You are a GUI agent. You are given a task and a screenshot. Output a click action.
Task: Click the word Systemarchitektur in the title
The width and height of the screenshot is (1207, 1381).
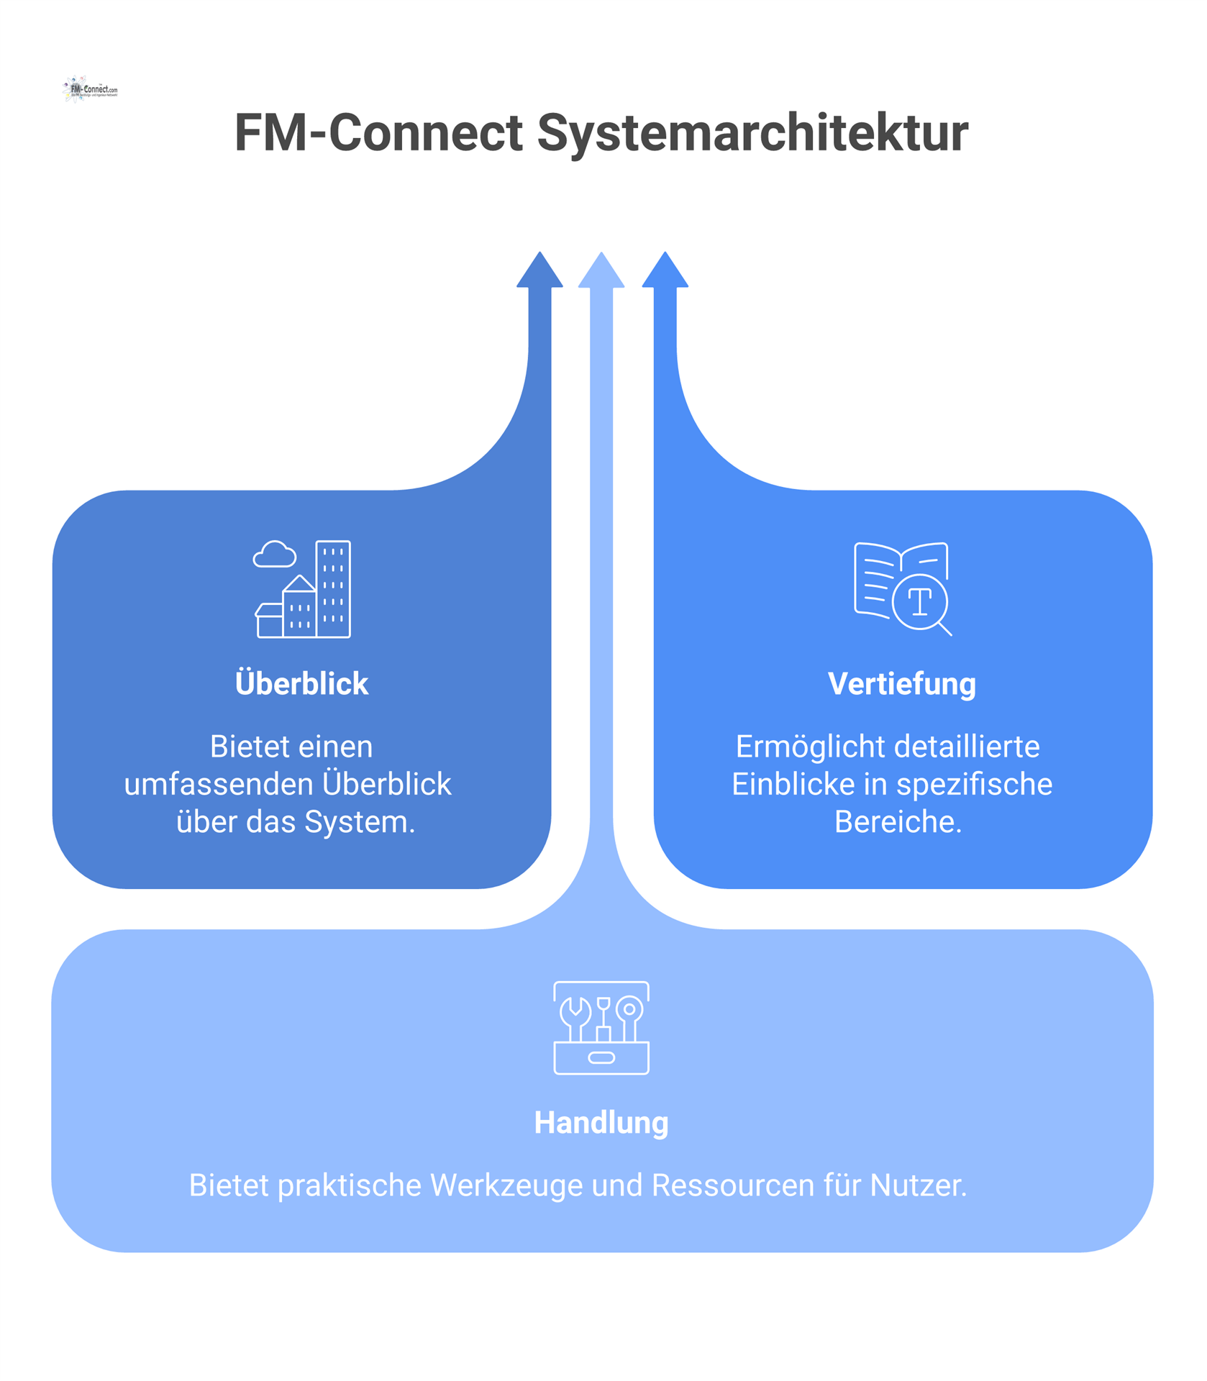pos(752,133)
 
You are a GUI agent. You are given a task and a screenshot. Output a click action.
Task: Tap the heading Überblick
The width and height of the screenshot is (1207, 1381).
pos(301,683)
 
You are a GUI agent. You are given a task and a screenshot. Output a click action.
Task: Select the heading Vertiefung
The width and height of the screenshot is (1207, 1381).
pos(901,683)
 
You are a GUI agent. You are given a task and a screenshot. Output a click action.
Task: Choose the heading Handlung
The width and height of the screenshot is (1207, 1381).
pos(601,1122)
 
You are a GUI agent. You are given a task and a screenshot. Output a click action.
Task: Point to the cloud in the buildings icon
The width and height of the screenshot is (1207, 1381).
pos(274,555)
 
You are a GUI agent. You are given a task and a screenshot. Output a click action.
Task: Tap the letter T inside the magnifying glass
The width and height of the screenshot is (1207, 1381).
pos(920,602)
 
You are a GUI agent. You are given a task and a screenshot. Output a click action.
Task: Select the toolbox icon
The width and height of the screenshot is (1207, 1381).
pos(601,1028)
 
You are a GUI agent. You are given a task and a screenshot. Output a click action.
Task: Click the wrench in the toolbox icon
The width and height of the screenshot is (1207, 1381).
pos(575,1016)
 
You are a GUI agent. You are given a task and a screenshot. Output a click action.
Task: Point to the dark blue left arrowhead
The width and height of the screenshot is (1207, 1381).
pos(539,272)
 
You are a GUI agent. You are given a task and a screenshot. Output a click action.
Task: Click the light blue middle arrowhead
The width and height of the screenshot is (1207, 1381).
pos(601,272)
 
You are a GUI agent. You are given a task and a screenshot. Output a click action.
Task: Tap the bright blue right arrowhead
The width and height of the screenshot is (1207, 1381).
pos(665,272)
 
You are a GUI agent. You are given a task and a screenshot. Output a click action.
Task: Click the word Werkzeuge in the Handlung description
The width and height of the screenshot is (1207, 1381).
pos(506,1185)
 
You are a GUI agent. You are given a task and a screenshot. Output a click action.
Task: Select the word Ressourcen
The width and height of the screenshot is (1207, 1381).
pos(732,1185)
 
